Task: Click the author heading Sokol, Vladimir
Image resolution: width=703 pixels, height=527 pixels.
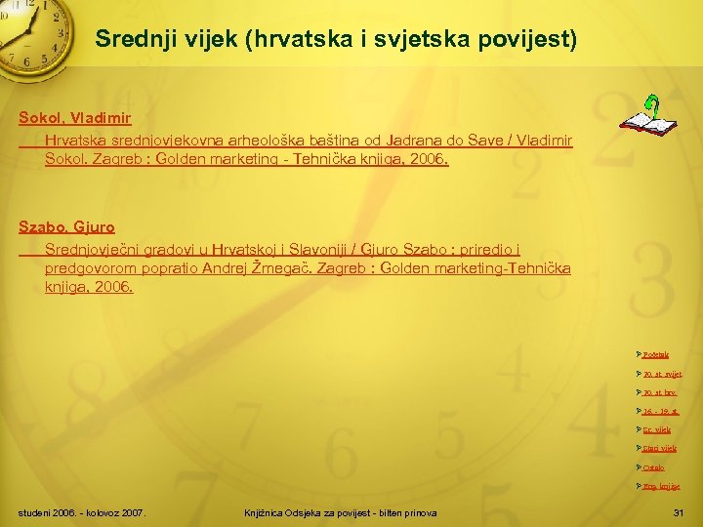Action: [x=75, y=118]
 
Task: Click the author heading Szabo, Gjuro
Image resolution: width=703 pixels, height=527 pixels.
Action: [x=66, y=227]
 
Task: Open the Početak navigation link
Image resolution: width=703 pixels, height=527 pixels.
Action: [x=656, y=354]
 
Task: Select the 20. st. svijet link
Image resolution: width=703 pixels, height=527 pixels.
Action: [x=662, y=374]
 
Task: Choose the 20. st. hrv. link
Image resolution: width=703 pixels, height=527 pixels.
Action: [x=659, y=392]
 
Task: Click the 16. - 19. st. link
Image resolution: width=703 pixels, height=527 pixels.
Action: [x=660, y=412]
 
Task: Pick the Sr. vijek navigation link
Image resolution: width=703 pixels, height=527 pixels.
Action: [x=656, y=430]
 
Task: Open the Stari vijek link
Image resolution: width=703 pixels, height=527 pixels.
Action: [x=659, y=449]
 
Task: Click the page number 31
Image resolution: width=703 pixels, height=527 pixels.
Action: [x=680, y=513]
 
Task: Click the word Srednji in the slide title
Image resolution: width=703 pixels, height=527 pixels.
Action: [x=133, y=41]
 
